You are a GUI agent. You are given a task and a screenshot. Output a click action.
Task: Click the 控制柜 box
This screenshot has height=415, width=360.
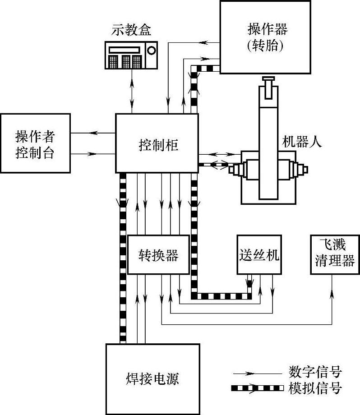click(157, 143)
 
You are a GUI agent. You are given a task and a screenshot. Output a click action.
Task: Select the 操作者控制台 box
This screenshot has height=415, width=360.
click(35, 143)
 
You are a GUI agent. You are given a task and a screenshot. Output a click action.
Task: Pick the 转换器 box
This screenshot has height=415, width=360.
click(158, 255)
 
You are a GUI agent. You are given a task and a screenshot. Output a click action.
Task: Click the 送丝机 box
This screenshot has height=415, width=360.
click(258, 255)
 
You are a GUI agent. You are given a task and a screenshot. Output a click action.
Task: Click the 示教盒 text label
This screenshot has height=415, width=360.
click(131, 31)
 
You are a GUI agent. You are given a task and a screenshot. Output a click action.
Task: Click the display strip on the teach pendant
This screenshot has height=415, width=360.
click(125, 48)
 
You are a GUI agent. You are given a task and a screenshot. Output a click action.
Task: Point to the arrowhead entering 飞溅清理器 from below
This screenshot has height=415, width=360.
click(332, 293)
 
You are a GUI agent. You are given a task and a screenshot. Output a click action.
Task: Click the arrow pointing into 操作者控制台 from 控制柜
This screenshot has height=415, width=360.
click(93, 133)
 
